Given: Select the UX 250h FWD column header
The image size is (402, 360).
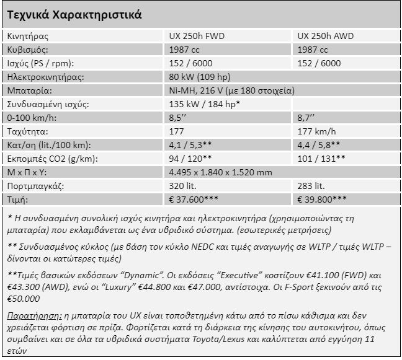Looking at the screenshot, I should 198,36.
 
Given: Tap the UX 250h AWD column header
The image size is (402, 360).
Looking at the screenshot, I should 326,36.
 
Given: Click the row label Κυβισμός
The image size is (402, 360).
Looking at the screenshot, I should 27,50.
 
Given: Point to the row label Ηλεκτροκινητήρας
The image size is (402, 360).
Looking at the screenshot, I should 44,77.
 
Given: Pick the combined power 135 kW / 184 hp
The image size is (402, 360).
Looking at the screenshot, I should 205,104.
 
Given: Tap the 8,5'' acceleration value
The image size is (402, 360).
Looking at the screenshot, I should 178,118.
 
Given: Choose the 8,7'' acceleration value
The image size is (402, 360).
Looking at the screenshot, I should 306,118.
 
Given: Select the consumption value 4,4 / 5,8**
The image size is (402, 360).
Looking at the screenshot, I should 319,145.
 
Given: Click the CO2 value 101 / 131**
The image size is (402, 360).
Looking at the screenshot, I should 322,159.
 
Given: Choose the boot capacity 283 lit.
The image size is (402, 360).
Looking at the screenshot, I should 311,185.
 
